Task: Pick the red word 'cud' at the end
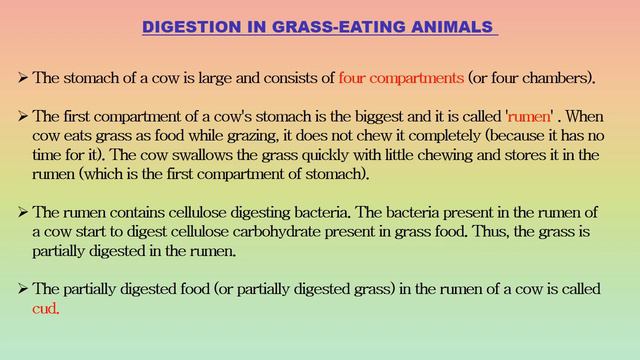pos(46,308)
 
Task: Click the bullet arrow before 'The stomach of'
pos(23,77)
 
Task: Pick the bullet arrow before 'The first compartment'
pos(23,114)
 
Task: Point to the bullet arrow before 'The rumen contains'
pos(23,213)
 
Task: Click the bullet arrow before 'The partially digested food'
pos(23,289)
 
